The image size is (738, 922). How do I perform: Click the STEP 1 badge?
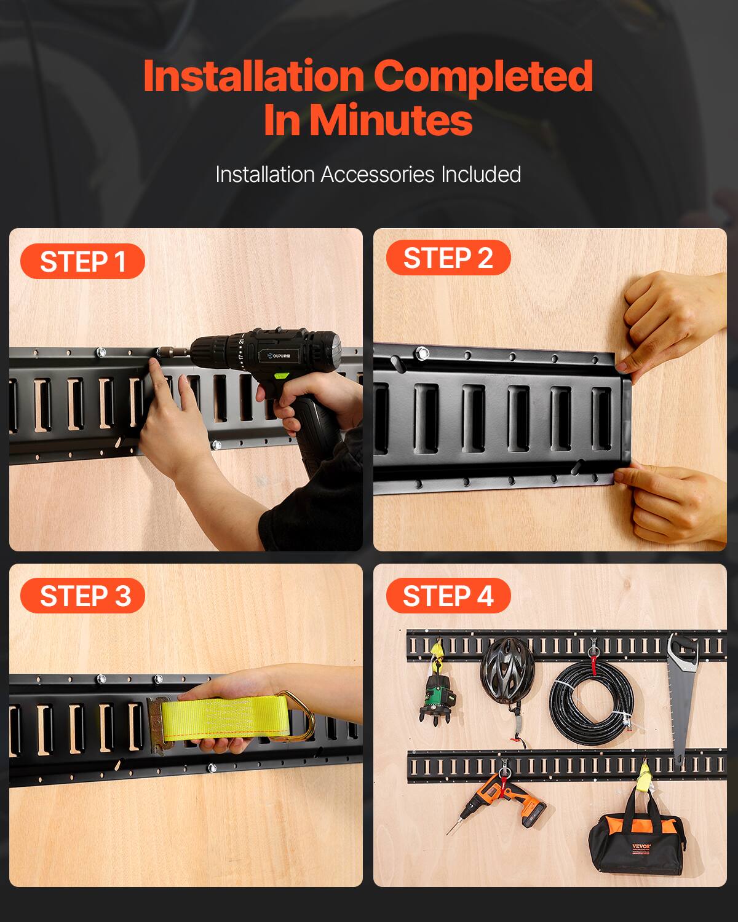pyautogui.click(x=82, y=262)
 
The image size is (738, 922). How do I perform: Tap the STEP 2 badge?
pyautogui.click(x=448, y=258)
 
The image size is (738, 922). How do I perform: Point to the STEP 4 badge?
pyautogui.click(x=448, y=596)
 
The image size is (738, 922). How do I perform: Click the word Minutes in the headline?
pyautogui.click(x=391, y=120)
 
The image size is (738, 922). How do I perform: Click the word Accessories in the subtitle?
pyautogui.click(x=377, y=175)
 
